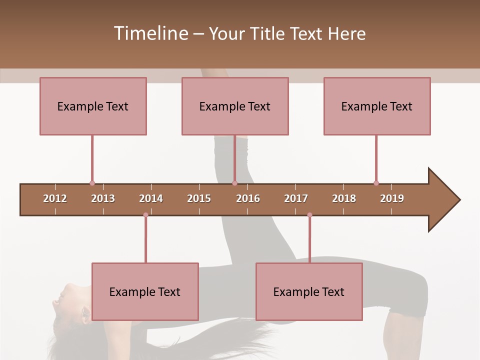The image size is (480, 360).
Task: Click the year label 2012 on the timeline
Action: point(55,198)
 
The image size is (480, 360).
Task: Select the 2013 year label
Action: point(103,198)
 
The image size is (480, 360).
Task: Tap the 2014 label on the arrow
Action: point(151,198)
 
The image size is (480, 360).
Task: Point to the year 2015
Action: point(199,198)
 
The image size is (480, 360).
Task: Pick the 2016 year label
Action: point(248,198)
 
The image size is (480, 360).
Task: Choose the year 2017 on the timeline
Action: point(296,198)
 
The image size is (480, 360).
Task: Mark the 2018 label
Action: point(344,198)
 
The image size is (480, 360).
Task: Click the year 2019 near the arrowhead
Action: point(392,198)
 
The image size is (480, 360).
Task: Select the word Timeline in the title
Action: point(150,33)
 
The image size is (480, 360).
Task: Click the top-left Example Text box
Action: point(93,106)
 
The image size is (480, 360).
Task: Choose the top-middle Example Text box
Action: point(235,106)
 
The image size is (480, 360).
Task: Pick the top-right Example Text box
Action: point(377,106)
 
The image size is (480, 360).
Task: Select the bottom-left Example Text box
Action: point(145,291)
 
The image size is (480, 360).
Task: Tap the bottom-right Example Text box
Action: point(309,291)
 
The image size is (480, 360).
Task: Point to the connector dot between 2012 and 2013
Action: point(92,183)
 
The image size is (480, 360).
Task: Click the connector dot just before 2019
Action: point(376,183)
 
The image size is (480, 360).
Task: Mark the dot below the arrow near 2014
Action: point(145,215)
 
